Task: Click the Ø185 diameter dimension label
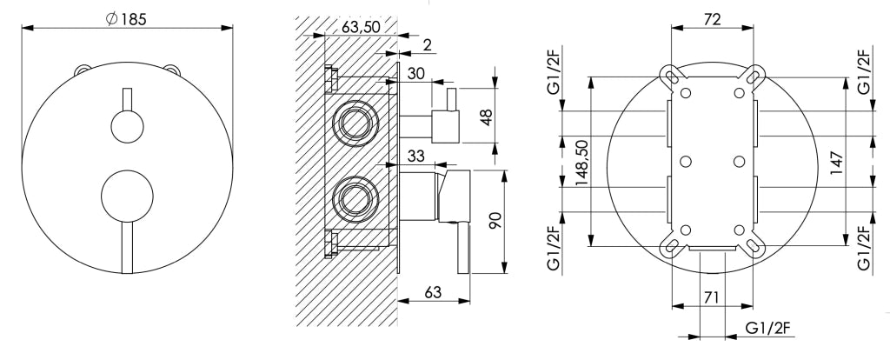point(126,19)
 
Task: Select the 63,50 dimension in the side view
point(361,26)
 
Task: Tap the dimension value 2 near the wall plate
point(426,45)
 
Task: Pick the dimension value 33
point(416,157)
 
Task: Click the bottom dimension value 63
point(433,293)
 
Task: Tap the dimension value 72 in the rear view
point(713,19)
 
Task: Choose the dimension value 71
point(713,297)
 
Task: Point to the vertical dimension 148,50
point(581,162)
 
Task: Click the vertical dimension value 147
point(836,162)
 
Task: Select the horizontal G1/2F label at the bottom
point(768,328)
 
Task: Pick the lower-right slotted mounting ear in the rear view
point(755,246)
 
